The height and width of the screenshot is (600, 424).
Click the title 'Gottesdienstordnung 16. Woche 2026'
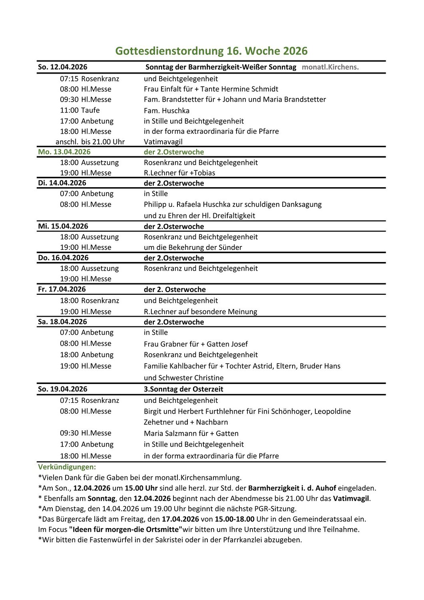point(211,51)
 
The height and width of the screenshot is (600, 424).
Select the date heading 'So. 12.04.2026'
point(63,67)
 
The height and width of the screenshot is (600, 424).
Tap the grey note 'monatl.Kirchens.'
point(330,67)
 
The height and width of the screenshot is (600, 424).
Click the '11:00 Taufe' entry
point(80,110)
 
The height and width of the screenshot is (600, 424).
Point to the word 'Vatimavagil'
point(163,142)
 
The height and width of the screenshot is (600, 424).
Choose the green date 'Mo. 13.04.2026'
point(64,152)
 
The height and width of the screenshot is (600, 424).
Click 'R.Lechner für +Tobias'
point(179,173)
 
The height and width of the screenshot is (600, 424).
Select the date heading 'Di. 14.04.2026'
point(62,183)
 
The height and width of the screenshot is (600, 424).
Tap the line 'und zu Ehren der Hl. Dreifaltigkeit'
point(199,216)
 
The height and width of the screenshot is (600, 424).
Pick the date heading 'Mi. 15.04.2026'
point(63,226)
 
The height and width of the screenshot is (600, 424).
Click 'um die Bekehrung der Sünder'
point(193,248)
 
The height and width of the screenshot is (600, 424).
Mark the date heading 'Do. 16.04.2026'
point(64,258)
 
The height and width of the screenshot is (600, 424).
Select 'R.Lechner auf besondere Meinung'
point(201,312)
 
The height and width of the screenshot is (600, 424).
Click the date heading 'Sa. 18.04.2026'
point(63,322)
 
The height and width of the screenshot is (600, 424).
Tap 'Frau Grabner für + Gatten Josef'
point(196,344)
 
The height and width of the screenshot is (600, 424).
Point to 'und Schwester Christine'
point(184,378)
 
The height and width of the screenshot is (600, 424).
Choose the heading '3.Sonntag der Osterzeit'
point(183,389)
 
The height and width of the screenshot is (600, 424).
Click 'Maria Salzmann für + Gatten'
point(191,434)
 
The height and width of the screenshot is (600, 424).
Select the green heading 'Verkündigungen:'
point(67,467)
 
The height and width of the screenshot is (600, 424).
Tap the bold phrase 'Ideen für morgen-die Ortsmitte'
point(125,530)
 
